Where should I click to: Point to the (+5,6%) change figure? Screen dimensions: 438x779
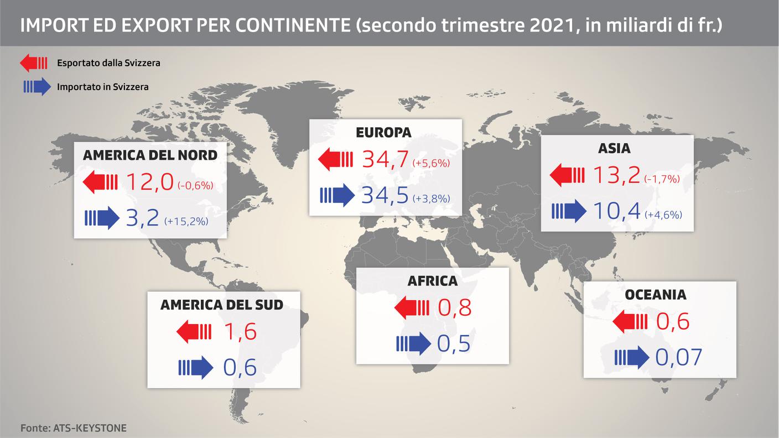[431, 163]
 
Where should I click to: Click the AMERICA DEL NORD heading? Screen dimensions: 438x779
[150, 155]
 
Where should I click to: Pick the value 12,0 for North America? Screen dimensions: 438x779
[150, 181]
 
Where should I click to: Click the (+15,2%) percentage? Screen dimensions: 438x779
[186, 221]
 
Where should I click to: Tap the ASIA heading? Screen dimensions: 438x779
[614, 149]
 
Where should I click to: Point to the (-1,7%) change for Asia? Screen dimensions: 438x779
[662, 179]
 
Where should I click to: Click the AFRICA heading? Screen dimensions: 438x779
[433, 281]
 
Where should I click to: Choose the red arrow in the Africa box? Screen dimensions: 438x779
[412, 307]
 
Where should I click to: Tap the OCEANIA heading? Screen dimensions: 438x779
[656, 295]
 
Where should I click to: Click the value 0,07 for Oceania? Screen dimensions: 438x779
[679, 357]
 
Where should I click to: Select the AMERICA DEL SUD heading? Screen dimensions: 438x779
[221, 305]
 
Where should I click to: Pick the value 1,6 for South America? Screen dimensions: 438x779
[240, 332]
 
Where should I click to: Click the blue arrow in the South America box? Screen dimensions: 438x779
[195, 367]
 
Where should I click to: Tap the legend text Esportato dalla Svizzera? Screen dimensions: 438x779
[108, 63]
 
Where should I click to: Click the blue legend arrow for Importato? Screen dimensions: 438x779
[35, 87]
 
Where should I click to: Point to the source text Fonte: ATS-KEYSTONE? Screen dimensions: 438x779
[74, 428]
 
